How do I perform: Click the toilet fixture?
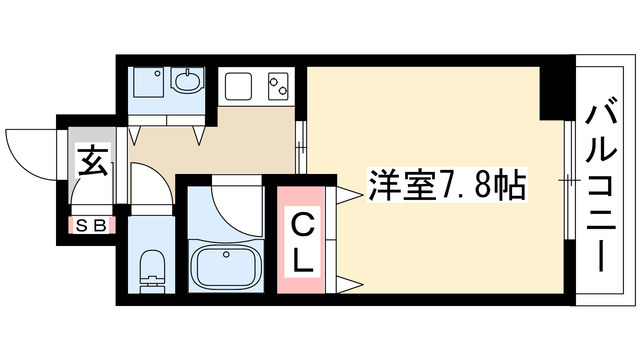point(152,267)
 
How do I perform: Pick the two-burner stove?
point(275,87)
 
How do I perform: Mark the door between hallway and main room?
point(301,150)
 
